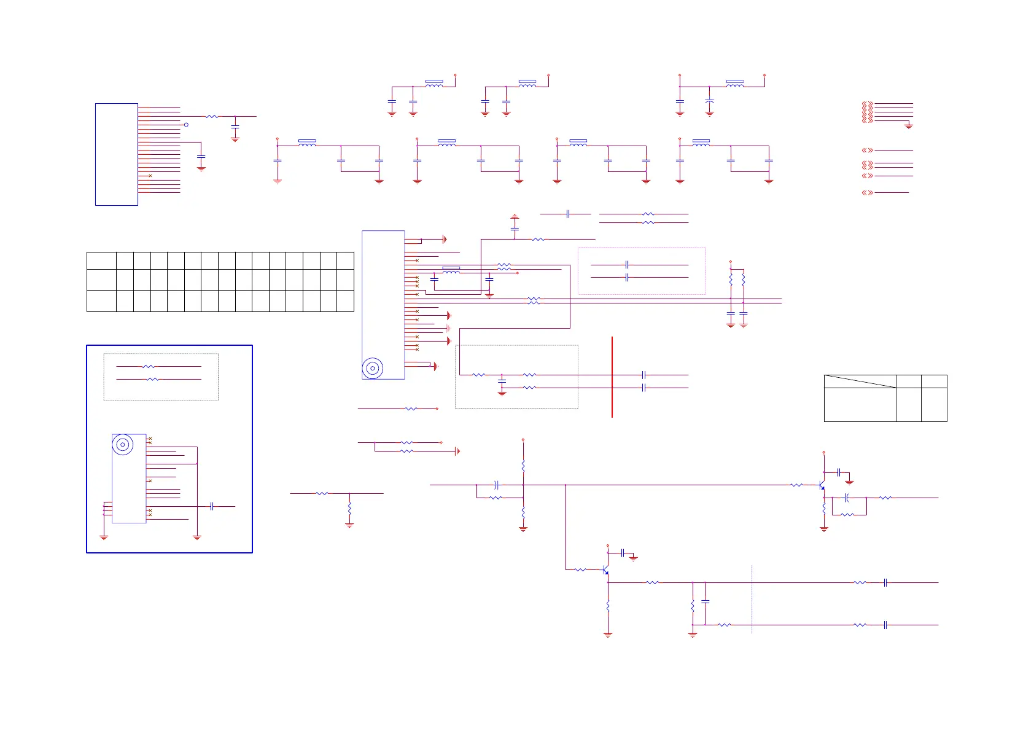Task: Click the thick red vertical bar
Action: [x=612, y=377]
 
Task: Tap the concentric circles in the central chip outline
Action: [x=372, y=369]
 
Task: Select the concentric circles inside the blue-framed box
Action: [x=123, y=445]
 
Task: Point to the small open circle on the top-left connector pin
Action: [x=186, y=125]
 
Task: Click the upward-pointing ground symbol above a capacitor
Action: [x=515, y=217]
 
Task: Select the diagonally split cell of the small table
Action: [x=860, y=381]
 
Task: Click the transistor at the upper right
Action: [x=822, y=485]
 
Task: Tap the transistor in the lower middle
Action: [x=606, y=570]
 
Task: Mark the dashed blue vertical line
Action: [x=752, y=599]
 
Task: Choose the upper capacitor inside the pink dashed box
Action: [x=627, y=265]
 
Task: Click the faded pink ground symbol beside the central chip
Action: [x=449, y=329]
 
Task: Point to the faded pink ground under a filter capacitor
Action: [x=278, y=181]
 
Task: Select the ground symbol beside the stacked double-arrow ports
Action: [x=909, y=126]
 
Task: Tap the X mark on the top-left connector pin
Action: [x=150, y=176]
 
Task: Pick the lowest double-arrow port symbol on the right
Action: [x=867, y=193]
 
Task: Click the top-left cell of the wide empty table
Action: [x=101, y=260]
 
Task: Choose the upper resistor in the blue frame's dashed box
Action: [x=149, y=367]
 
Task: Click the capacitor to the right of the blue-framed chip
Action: [x=212, y=506]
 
